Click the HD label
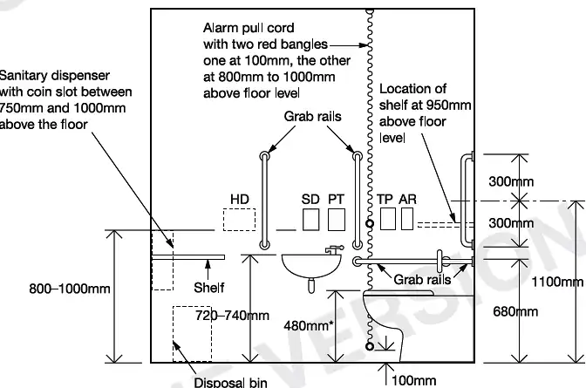click(240, 200)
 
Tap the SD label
click(310, 200)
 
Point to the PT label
click(337, 200)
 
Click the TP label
click(385, 200)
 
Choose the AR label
click(407, 200)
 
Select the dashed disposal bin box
click(193, 332)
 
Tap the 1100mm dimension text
click(557, 282)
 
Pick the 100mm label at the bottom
click(414, 380)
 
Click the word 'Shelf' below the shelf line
click(208, 287)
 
